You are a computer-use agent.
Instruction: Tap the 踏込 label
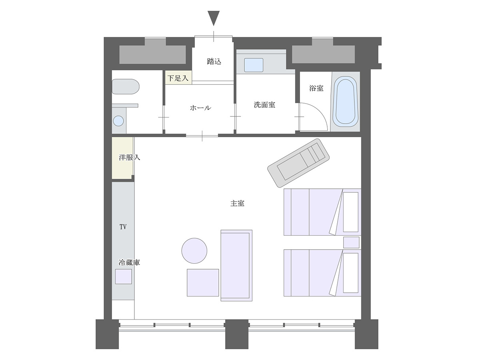point(214,62)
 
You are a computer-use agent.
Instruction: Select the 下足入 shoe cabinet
point(178,77)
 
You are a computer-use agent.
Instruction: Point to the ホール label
point(200,108)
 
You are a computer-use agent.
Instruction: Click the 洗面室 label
point(264,105)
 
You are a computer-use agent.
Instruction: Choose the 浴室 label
point(316,88)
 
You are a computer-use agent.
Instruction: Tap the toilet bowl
point(126,86)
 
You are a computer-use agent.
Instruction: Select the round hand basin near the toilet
point(118,121)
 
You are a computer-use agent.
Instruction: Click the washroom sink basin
point(254,65)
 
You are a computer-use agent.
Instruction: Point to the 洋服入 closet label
point(129,157)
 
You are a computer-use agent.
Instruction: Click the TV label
point(123,227)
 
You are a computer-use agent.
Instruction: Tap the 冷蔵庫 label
point(129,262)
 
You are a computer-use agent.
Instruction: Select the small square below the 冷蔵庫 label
point(124,276)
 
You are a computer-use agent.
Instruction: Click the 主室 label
point(237,203)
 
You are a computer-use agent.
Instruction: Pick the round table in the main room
point(194,251)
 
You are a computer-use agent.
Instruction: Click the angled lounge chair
point(298,163)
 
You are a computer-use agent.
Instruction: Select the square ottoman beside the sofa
point(203,283)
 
